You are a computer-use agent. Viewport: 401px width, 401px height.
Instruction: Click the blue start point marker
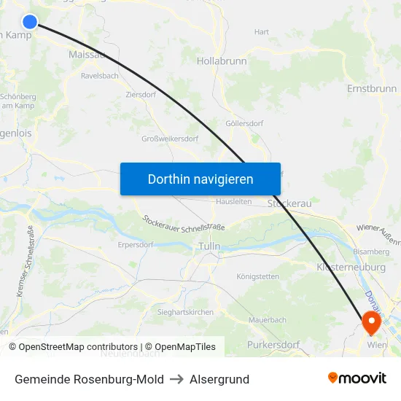(30, 23)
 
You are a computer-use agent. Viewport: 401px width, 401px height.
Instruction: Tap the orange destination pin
(371, 321)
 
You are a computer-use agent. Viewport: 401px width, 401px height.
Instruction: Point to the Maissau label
(87, 55)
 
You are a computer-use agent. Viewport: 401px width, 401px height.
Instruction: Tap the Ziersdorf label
(141, 94)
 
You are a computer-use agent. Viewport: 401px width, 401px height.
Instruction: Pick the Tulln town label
(209, 246)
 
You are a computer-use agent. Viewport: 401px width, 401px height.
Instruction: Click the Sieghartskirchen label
(186, 312)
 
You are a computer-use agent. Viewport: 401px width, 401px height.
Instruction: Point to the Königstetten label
(258, 276)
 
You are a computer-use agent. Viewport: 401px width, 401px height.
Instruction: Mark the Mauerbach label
(268, 319)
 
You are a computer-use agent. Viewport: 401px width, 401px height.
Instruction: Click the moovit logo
(357, 378)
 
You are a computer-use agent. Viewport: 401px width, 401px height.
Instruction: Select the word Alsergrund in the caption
(219, 379)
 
